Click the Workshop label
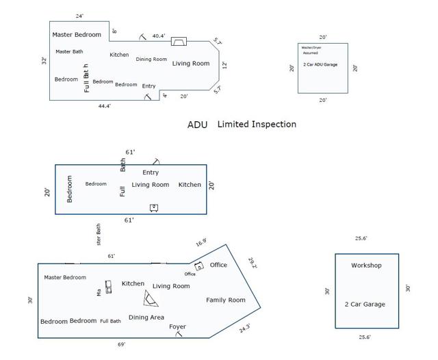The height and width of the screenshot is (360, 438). (366, 266)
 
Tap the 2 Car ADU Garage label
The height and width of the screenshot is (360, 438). (320, 64)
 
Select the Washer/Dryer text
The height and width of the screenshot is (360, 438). (311, 47)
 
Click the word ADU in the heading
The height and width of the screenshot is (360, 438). (197, 125)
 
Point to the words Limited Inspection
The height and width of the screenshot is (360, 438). (257, 125)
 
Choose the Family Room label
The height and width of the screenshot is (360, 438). (225, 300)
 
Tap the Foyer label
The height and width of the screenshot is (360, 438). (177, 327)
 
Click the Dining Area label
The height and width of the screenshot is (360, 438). (146, 318)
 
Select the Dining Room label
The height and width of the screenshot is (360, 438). (151, 60)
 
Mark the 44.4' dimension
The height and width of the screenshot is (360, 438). (104, 106)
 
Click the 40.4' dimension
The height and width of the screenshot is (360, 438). (159, 36)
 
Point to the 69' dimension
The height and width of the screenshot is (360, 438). (121, 344)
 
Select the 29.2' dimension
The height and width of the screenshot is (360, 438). (252, 263)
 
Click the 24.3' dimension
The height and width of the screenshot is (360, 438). (245, 329)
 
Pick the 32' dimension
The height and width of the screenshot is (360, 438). (44, 61)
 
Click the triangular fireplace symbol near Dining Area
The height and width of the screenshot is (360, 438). (151, 298)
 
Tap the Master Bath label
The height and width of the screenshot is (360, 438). (69, 52)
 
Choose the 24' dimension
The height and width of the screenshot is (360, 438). (80, 16)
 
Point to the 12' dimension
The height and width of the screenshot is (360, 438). (224, 65)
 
